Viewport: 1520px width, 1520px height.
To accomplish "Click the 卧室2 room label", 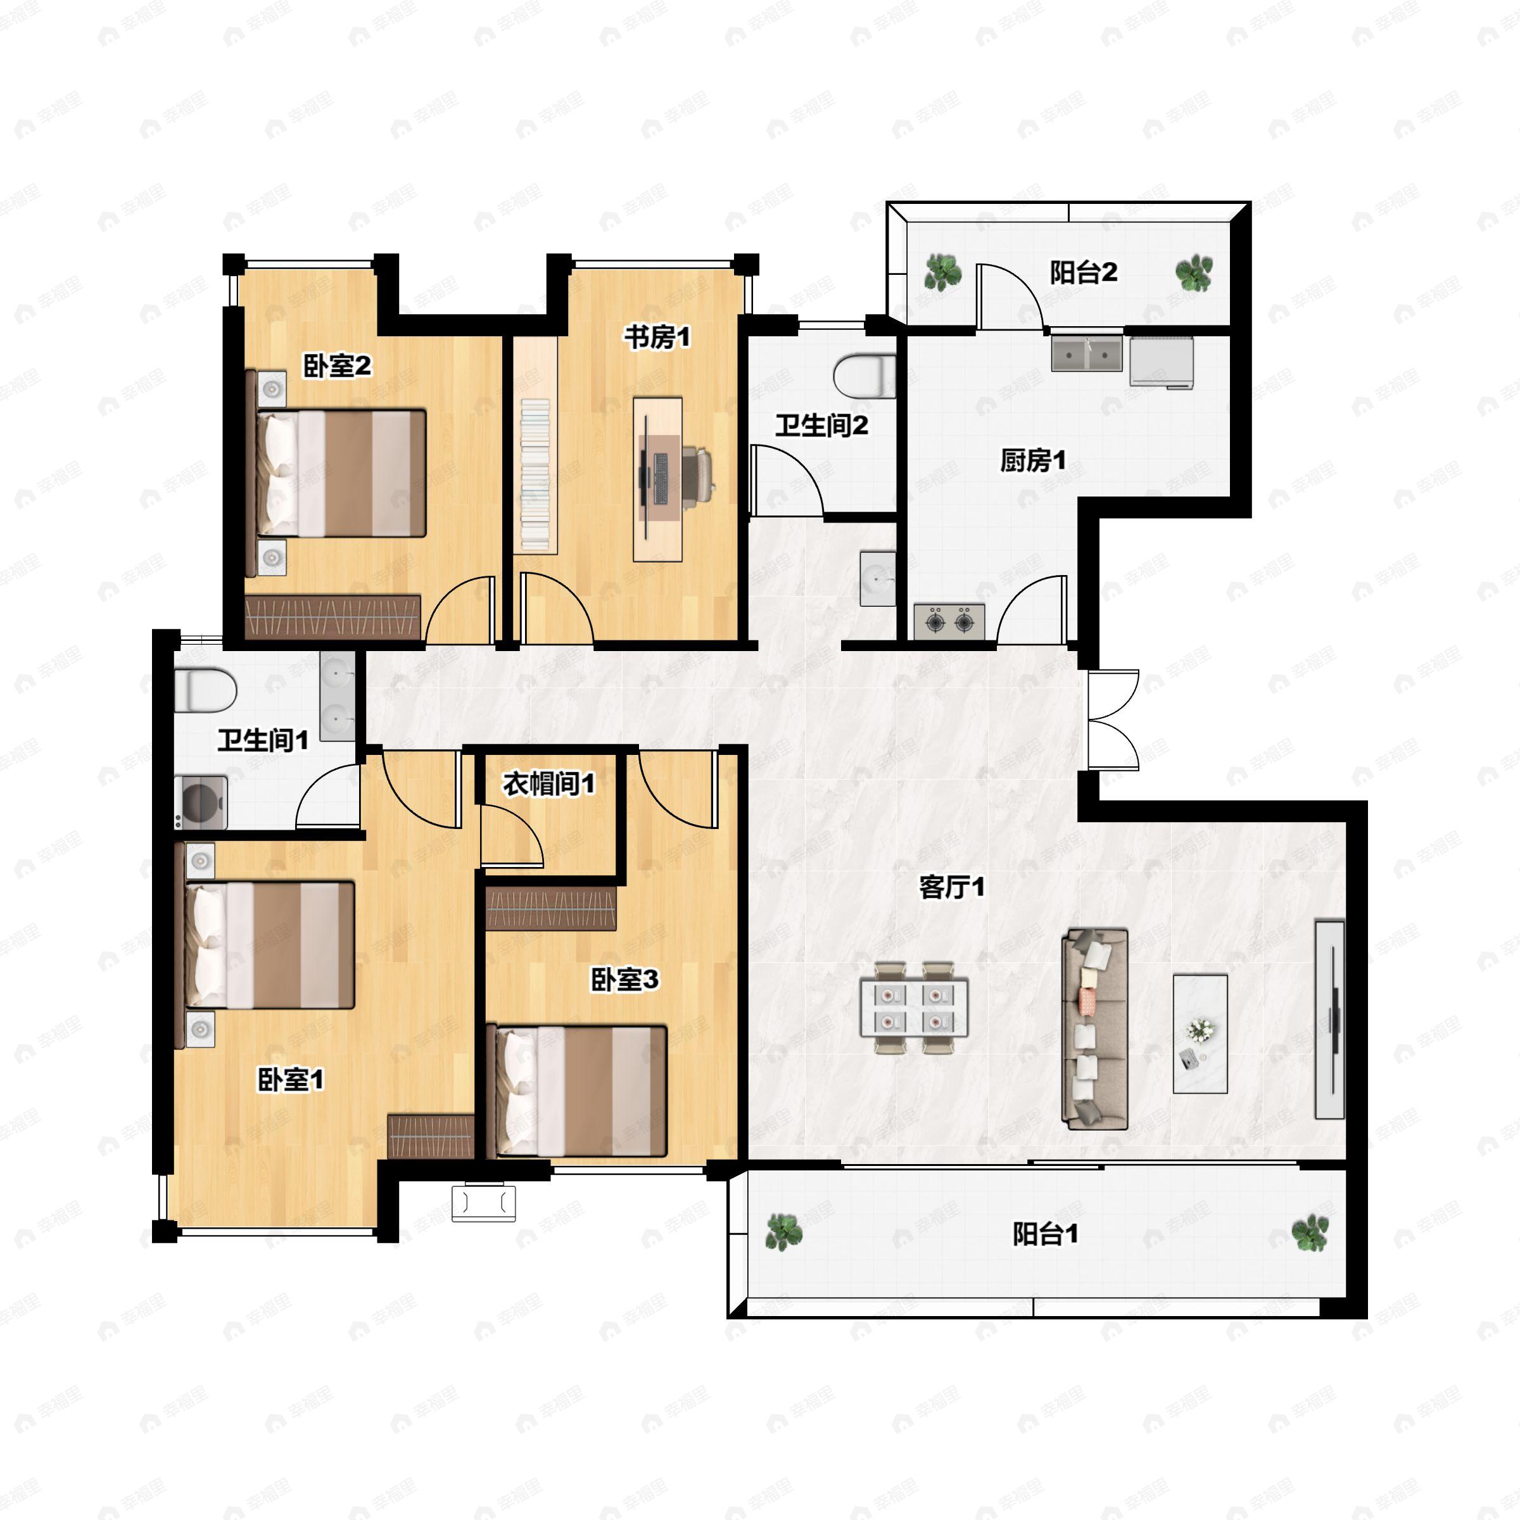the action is pos(337,366).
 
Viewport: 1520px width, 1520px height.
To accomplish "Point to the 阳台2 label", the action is pos(1084,272).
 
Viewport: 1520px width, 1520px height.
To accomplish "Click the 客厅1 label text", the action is pos(952,887).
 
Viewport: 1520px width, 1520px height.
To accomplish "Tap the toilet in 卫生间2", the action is pos(864,376).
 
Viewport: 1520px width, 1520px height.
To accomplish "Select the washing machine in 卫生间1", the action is pos(201,802).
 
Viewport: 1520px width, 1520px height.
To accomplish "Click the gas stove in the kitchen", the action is pos(949,621).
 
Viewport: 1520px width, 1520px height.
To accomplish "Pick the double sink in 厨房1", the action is pos(1087,354).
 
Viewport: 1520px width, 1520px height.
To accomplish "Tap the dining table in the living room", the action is pos(913,1008).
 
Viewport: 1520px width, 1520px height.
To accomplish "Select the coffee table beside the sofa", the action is pos(1200,1034).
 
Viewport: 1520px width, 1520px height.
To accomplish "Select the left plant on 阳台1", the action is pos(783,1232).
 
